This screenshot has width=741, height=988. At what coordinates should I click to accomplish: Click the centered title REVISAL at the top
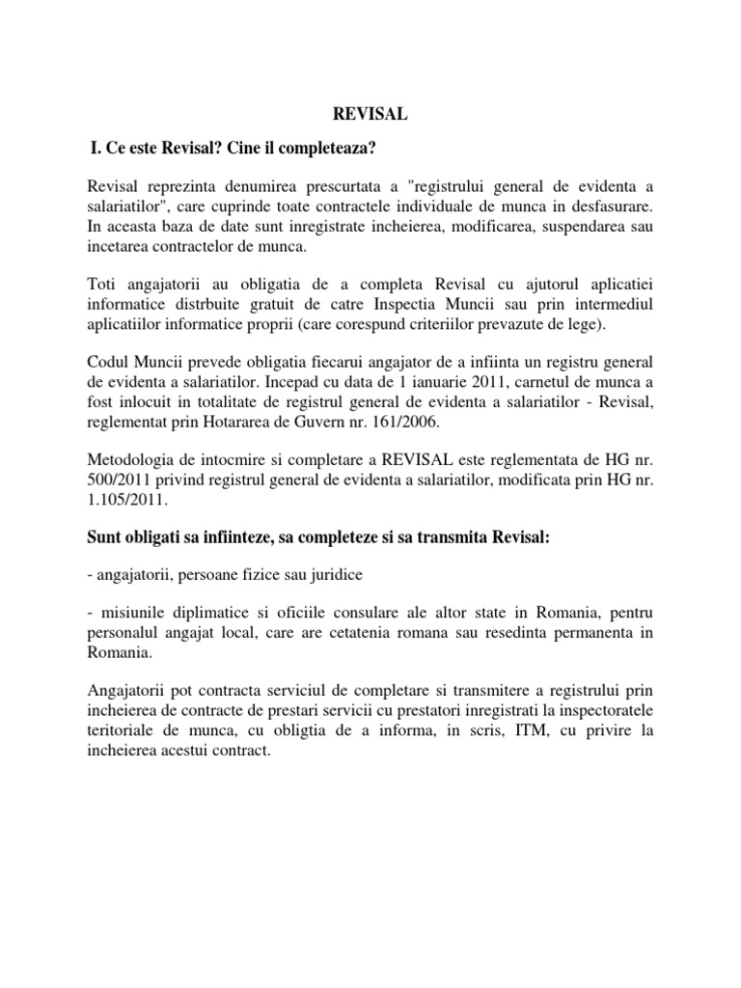(x=370, y=115)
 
